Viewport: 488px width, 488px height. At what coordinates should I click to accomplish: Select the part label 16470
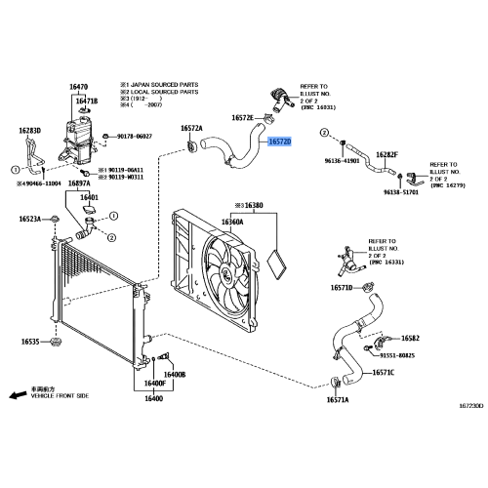79,87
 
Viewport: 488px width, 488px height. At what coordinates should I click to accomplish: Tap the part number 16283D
29,129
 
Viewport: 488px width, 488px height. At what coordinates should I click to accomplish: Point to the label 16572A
191,128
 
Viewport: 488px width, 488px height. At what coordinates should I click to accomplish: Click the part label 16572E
242,117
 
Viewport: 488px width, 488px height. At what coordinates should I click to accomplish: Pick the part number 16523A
28,218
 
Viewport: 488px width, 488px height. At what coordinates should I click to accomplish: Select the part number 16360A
231,222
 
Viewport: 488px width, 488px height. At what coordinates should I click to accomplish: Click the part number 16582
410,338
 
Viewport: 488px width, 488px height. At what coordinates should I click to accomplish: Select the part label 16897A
81,183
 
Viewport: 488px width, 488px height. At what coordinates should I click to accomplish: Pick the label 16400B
175,375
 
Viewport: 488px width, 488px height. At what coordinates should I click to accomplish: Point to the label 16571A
338,399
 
